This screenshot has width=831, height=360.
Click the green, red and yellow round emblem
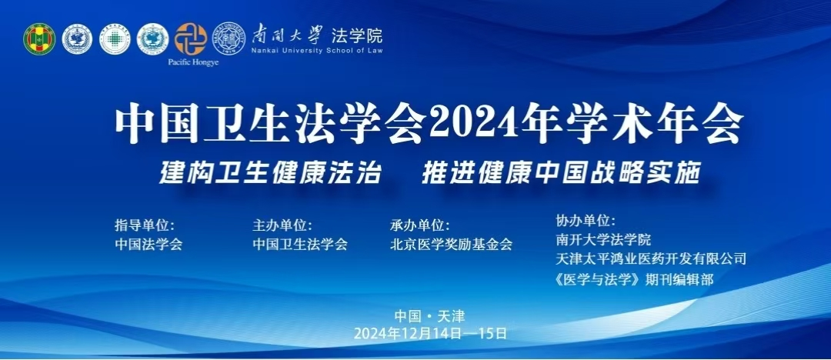[39, 39]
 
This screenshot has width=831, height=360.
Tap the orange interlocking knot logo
[190, 38]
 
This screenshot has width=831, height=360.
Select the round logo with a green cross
[115, 39]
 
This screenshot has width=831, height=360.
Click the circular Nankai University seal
[229, 38]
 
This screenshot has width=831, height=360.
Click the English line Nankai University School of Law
[317, 51]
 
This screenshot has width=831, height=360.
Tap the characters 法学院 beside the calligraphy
[357, 35]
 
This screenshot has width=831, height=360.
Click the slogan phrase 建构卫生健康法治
[270, 173]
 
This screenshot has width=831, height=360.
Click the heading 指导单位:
[145, 225]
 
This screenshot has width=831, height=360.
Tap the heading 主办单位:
[282, 225]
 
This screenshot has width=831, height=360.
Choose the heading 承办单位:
[419, 225]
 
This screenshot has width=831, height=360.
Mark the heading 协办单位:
[585, 220]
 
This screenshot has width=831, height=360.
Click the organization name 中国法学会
[149, 245]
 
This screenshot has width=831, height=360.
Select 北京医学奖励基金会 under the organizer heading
[451, 245]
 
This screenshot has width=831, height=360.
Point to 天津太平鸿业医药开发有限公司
[651, 258]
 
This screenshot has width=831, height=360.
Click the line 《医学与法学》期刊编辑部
[634, 279]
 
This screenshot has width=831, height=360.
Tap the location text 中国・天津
[430, 316]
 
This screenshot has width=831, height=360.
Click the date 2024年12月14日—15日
[430, 334]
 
